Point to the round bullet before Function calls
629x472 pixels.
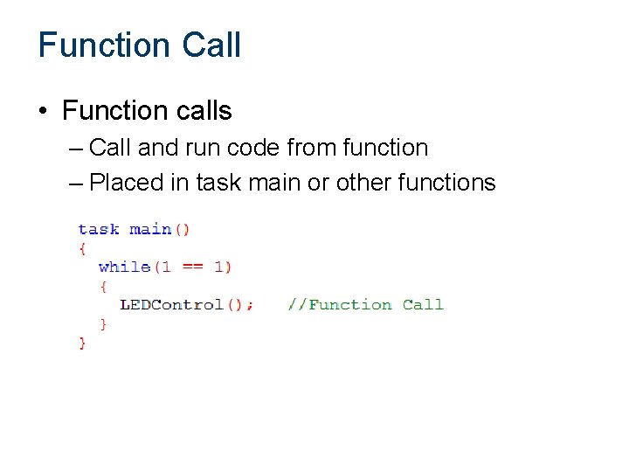click(x=43, y=111)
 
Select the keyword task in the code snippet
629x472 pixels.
click(x=98, y=229)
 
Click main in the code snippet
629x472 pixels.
click(x=149, y=229)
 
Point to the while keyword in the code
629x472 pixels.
click(x=124, y=267)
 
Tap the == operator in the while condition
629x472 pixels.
click(x=192, y=267)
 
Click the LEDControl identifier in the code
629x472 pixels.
click(x=171, y=304)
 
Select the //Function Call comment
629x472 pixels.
click(x=365, y=304)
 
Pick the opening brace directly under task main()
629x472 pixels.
click(x=82, y=248)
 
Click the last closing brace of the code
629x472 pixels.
click(x=82, y=343)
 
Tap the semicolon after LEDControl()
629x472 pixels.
click(x=251, y=305)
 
